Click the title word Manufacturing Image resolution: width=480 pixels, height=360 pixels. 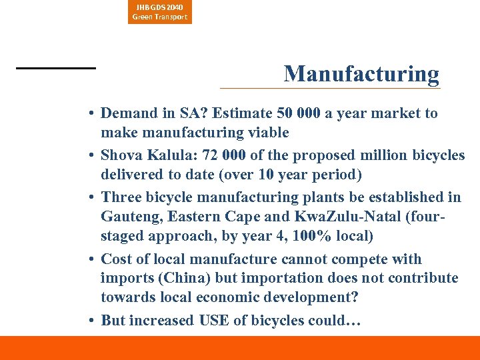point(361,73)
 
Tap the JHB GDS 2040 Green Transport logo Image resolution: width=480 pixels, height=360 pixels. point(160,12)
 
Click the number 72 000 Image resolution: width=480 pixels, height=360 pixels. point(227,155)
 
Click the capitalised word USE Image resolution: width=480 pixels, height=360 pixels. point(214,321)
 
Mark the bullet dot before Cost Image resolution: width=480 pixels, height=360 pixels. point(90,259)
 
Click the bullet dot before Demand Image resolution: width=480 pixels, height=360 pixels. point(90,113)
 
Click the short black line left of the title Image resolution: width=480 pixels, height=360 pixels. point(56,68)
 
